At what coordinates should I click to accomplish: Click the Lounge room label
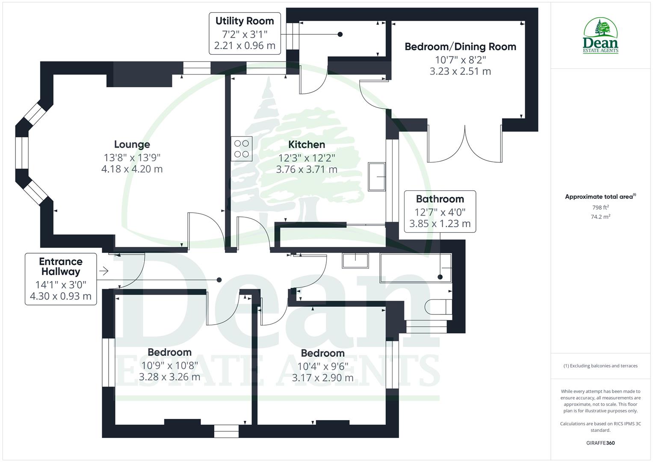tap(132, 145)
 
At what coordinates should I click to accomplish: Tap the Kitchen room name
tap(307, 145)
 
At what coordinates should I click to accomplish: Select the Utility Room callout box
tap(245, 33)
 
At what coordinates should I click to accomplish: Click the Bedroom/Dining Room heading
tap(460, 47)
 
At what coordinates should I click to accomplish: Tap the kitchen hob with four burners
tap(242, 148)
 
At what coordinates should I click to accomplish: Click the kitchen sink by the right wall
tap(377, 176)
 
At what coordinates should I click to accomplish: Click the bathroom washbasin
tap(355, 261)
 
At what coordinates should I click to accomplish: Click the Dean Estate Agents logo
tap(600, 36)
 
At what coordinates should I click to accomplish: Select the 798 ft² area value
tap(600, 207)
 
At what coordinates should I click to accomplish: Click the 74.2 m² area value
tap(600, 217)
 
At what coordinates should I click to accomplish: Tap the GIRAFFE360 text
tap(600, 443)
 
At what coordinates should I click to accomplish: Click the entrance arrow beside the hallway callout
tap(103, 271)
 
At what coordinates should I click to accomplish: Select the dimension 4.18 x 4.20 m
tap(132, 169)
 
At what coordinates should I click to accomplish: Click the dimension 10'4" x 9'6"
tap(322, 366)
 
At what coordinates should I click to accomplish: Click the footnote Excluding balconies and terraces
tap(600, 366)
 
